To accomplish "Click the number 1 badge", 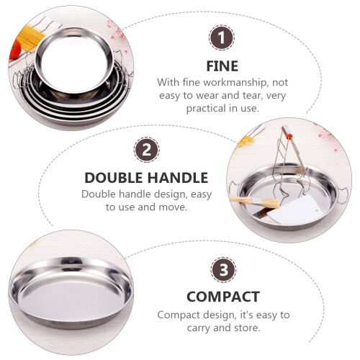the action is tap(222, 37).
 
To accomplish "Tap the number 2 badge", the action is tap(146, 150).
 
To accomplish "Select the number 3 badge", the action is tap(223, 270).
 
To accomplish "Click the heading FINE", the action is tap(222, 66).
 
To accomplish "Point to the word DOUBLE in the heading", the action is tap(114, 178).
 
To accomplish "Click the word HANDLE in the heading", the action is tap(178, 178).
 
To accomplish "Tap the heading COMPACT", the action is tap(223, 297).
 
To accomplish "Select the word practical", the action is tap(207, 109).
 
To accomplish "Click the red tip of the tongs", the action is tap(289, 137).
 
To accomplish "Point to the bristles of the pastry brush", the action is tap(271, 203).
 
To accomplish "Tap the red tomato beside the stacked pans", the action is tap(14, 49).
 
